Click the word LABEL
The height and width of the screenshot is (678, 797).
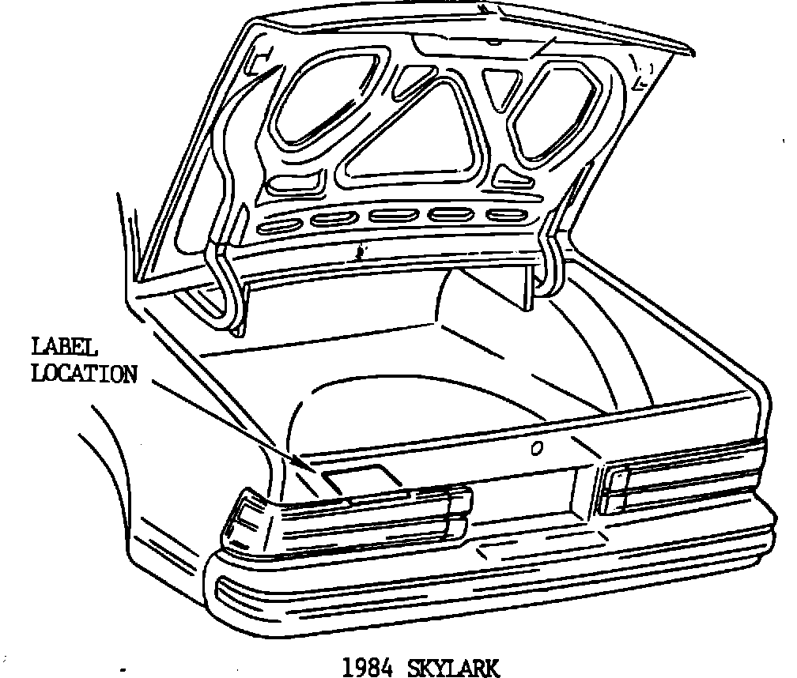(64, 347)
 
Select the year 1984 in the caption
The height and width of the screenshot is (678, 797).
(368, 668)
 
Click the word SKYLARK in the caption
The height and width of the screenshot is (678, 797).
(453, 668)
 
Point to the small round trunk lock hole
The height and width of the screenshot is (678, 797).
(537, 449)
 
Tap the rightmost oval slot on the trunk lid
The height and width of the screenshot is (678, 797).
(505, 215)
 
